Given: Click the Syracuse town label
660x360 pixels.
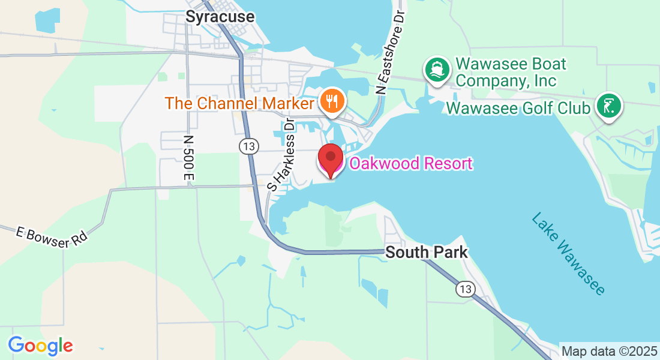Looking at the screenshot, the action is point(220,17).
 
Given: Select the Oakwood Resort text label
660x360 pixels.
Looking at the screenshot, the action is point(410,163).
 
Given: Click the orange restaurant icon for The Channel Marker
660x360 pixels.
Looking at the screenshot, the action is point(331,101).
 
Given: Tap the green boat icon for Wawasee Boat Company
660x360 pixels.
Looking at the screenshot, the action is point(437,70).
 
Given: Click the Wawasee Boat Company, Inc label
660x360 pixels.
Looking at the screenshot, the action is point(511,71).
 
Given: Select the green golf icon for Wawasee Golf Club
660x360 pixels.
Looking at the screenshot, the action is point(609,107).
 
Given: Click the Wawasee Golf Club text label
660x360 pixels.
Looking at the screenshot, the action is point(518,109).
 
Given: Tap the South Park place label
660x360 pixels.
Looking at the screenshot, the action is point(426,252).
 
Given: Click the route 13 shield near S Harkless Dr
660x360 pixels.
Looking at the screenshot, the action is point(248,146).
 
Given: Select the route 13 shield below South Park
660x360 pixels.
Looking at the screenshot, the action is point(464,290).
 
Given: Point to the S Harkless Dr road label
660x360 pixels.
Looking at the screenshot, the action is point(282,154).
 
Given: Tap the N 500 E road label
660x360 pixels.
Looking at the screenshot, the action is point(190,157).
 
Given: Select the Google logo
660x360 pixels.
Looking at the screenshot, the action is point(40,345).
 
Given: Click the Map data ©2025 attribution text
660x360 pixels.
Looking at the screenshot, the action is point(609,351).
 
